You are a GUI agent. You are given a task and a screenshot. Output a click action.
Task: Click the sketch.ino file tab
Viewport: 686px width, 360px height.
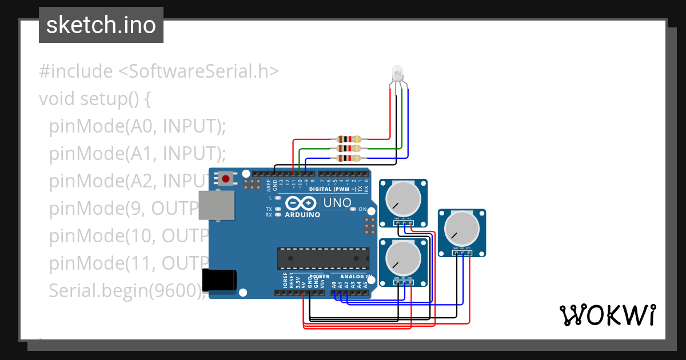pos(101,25)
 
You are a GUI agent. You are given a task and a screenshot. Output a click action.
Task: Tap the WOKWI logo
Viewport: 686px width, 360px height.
pos(607,315)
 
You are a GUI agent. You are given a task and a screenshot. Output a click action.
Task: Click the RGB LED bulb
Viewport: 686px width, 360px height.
pos(397,73)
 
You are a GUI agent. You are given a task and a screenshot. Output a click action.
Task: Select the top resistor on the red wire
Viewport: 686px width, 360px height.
pos(349,139)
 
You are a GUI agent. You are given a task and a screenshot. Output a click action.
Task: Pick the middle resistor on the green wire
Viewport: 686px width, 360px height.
pos(349,149)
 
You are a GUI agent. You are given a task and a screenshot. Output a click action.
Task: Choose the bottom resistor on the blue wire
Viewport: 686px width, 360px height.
pos(349,158)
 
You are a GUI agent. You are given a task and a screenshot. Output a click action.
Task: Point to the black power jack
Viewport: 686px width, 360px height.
pos(220,279)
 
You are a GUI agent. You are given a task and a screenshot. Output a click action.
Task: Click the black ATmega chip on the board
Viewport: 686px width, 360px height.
pos(322,258)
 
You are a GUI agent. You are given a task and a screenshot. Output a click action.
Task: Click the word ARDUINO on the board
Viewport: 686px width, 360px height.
pos(302,215)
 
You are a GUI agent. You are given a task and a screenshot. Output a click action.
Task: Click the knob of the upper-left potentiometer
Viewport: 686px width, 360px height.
pos(403,197)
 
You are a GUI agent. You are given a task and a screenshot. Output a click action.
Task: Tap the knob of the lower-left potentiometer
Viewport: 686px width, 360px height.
pos(403,257)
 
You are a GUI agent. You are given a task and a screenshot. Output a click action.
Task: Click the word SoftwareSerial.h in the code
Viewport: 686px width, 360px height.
pos(198,71)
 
